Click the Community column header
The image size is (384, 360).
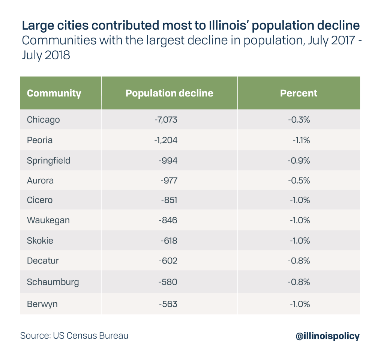point(54,93)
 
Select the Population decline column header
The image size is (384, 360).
point(169,93)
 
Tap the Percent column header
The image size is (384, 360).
point(298,93)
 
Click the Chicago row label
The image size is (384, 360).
point(43,120)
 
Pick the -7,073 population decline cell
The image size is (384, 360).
point(166,120)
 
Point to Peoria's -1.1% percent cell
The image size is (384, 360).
point(301,140)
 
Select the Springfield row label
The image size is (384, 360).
point(49,161)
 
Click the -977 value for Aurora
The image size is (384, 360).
point(169,181)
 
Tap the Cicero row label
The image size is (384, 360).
point(40,200)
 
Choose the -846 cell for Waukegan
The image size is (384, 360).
point(168,220)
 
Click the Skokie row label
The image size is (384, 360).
point(40,241)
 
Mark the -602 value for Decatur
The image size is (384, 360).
point(168,261)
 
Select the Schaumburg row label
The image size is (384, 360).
point(53,282)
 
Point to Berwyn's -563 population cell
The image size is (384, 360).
point(168,304)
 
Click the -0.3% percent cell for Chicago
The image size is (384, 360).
point(299,120)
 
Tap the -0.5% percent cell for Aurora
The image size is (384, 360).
point(299,181)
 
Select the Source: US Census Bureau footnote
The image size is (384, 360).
point(74,336)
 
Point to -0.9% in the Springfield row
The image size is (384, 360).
point(299,161)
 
